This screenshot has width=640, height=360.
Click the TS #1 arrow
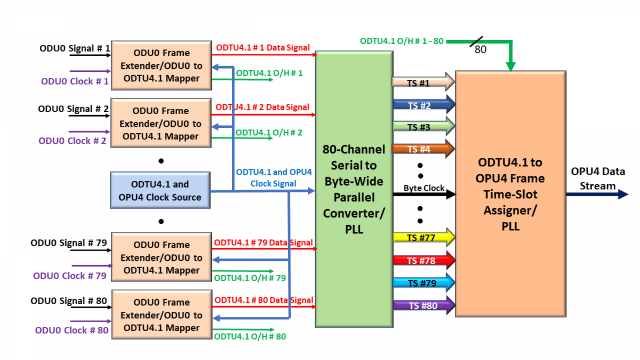(423, 82)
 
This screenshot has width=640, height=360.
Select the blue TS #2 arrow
(423, 105)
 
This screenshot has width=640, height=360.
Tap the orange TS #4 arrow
(423, 149)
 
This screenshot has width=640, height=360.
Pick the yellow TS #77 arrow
(423, 237)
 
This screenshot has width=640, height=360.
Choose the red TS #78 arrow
(423, 260)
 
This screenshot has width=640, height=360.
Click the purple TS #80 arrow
(423, 306)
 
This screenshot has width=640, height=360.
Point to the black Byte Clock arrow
(424, 194)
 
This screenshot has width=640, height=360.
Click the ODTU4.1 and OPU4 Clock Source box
(159, 191)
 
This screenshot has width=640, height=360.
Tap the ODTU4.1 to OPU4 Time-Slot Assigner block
(510, 194)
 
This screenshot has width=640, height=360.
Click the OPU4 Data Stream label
(597, 179)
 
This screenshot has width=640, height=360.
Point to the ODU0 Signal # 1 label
(75, 49)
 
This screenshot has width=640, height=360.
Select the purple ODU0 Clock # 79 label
(69, 276)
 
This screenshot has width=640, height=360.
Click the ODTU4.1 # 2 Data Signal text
(262, 107)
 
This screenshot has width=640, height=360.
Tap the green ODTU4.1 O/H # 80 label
(250, 337)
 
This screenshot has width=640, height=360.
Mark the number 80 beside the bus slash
(481, 50)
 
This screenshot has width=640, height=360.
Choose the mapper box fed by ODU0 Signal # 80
(161, 315)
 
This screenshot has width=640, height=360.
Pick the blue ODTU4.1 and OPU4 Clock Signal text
(274, 177)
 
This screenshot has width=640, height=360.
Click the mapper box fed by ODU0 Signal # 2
(161, 124)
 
